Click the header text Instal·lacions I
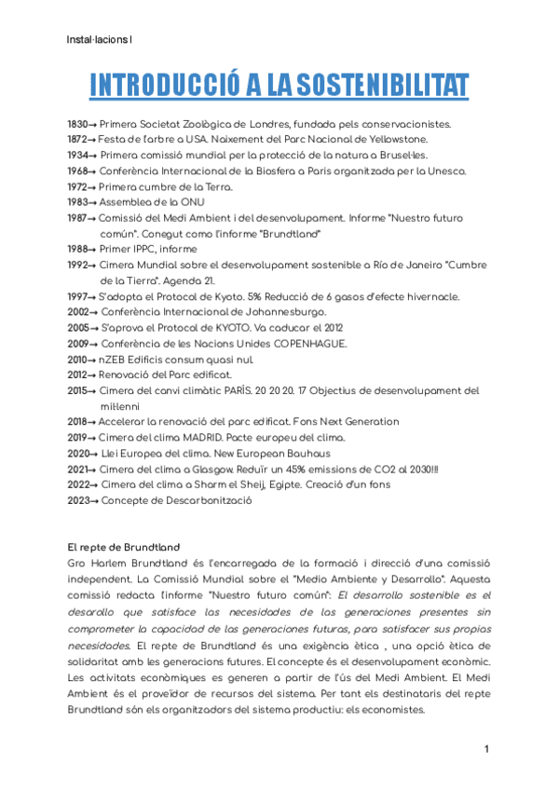click(101, 39)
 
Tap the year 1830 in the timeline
click(77, 124)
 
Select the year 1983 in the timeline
click(77, 201)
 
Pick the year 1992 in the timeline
click(77, 265)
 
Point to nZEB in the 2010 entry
click(115, 359)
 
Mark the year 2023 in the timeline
click(77, 500)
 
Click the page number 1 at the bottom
click(486, 750)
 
